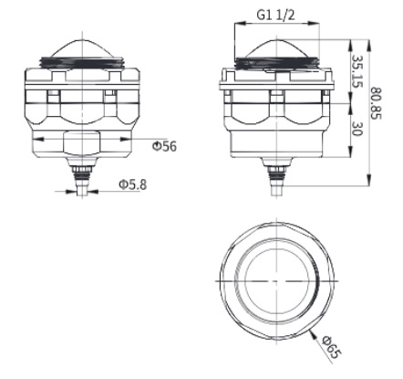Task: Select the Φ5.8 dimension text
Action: click(x=133, y=184)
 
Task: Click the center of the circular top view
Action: click(x=275, y=279)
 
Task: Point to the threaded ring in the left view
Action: click(x=83, y=66)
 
